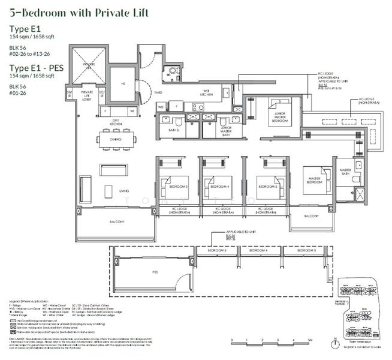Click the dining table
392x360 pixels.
pos(116,139)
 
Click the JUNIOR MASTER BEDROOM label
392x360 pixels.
pos(281,118)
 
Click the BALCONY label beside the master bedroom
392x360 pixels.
pos(311,215)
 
